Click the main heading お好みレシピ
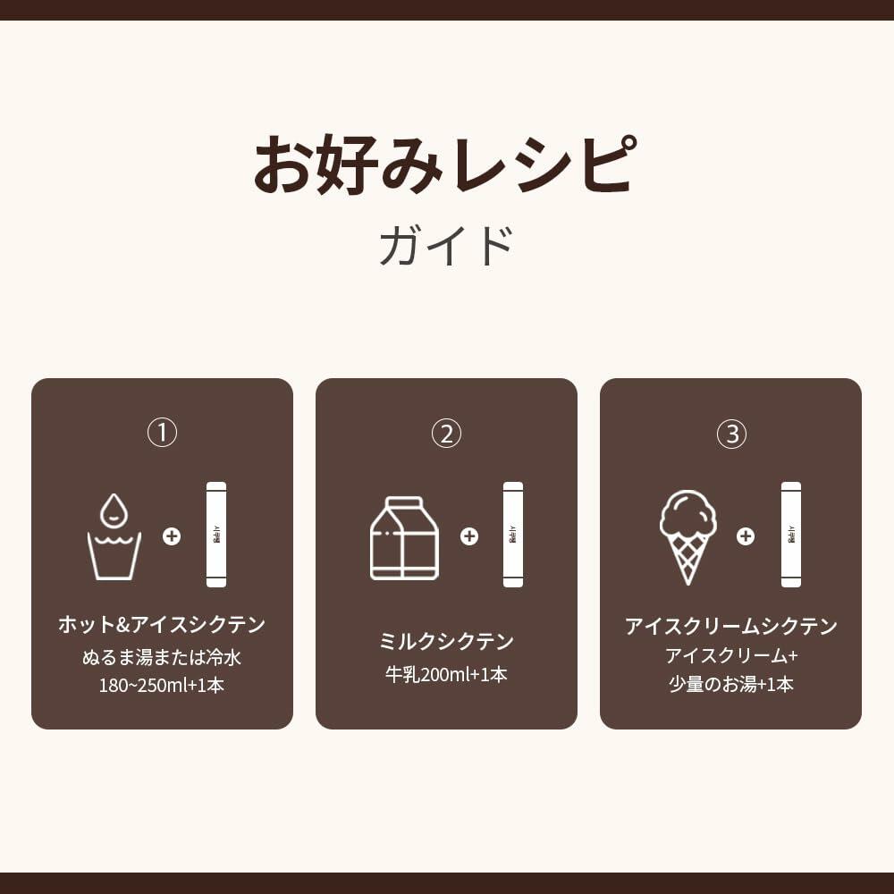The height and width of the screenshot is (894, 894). pos(446,165)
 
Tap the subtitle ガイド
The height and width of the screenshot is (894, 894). pos(446,246)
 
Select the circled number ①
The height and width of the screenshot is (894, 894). pos(162,434)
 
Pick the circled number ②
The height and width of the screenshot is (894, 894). pos(446,434)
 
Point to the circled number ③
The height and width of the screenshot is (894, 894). pos(730,434)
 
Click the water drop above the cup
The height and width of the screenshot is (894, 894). pos(114,510)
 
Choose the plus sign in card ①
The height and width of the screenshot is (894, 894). pos(172,536)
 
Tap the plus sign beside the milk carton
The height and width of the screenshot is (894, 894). pos(468,536)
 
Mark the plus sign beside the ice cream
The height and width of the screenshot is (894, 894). pos(745,536)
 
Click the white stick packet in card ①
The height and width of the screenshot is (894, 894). pos(216,535)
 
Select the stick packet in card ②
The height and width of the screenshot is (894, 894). pos(513,535)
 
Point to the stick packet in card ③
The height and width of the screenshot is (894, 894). pos(791,535)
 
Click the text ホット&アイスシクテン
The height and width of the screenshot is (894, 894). pos(162,625)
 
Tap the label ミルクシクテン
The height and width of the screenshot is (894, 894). pos(446,641)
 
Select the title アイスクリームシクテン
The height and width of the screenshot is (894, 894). pos(730,626)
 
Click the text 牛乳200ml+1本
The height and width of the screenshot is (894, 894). pos(446,675)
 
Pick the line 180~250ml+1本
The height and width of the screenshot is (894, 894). pos(162,686)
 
